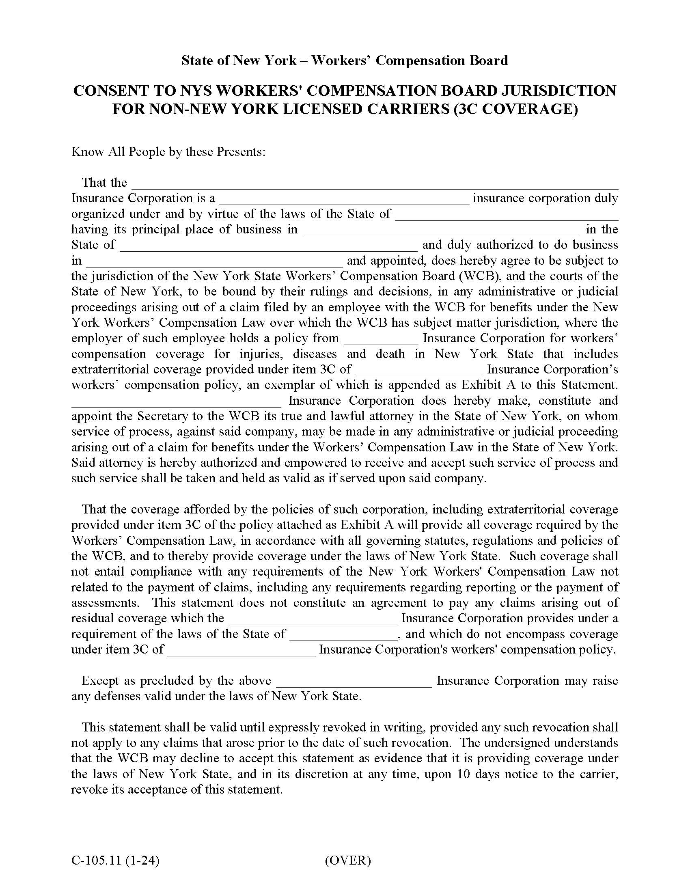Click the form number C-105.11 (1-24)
(x=115, y=861)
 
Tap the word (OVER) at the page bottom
(x=348, y=861)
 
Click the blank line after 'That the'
(x=375, y=184)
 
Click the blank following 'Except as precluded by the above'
(x=354, y=682)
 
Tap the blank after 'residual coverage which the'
(x=313, y=619)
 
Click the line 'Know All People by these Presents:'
(x=168, y=152)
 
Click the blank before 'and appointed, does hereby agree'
(x=215, y=262)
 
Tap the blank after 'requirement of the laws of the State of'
(x=343, y=635)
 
